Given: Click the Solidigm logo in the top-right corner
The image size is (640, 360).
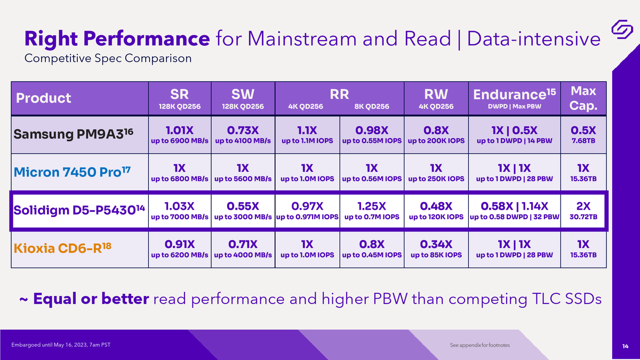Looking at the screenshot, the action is (x=622, y=29).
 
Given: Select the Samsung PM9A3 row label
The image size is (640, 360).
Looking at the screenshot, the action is (x=74, y=134).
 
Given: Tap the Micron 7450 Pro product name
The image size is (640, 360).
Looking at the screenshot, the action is (x=72, y=172).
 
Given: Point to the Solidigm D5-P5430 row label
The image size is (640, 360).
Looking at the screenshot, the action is (x=79, y=210).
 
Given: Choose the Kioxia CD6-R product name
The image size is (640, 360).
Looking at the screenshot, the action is (x=62, y=247).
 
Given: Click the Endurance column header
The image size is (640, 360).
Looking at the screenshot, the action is (x=514, y=98).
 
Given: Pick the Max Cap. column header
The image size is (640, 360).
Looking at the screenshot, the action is (x=583, y=98).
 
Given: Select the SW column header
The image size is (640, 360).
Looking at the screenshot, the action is (x=243, y=98).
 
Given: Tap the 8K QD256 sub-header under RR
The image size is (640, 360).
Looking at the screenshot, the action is (x=372, y=107).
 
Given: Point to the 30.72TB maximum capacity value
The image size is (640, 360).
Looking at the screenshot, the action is (x=583, y=217).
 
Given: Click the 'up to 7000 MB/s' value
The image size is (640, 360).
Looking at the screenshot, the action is (x=179, y=217).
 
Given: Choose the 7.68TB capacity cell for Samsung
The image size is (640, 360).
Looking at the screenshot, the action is (x=583, y=141).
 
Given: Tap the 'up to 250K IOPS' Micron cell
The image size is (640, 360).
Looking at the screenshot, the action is (x=436, y=179).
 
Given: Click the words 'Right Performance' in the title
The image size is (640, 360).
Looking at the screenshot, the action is (x=117, y=39).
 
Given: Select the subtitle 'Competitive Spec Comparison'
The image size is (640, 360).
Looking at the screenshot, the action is (x=108, y=58).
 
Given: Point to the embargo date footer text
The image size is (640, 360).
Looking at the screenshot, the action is (x=61, y=345).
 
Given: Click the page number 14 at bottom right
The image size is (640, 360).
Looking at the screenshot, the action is (x=625, y=346).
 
